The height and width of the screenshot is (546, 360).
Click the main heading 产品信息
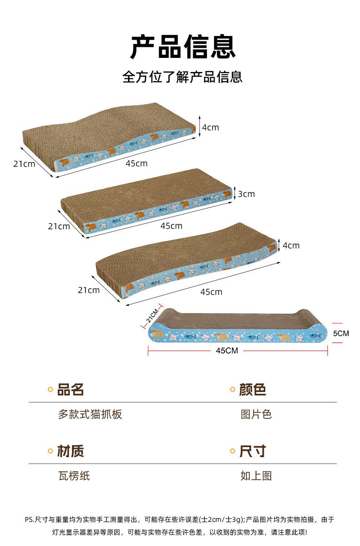183,47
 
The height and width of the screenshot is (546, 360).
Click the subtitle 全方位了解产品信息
182,77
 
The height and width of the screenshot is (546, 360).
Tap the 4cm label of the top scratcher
210,128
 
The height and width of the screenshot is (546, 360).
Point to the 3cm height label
247,194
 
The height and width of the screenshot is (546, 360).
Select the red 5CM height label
341,334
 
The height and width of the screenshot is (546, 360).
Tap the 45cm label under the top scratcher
137,164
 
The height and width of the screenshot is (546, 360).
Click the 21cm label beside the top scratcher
24,164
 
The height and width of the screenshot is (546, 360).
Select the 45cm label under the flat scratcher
171,226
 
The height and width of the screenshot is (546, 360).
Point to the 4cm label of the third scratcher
291,246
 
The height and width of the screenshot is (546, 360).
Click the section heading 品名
71,390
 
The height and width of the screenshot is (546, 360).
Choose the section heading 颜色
253,390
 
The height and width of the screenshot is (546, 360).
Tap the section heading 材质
71,451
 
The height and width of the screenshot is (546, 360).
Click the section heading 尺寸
253,451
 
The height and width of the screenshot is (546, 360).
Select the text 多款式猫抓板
90,414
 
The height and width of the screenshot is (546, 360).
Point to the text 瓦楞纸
74,476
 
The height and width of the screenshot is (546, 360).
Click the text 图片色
256,414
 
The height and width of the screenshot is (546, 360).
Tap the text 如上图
256,476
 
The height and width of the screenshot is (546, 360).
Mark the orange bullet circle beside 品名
51,390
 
